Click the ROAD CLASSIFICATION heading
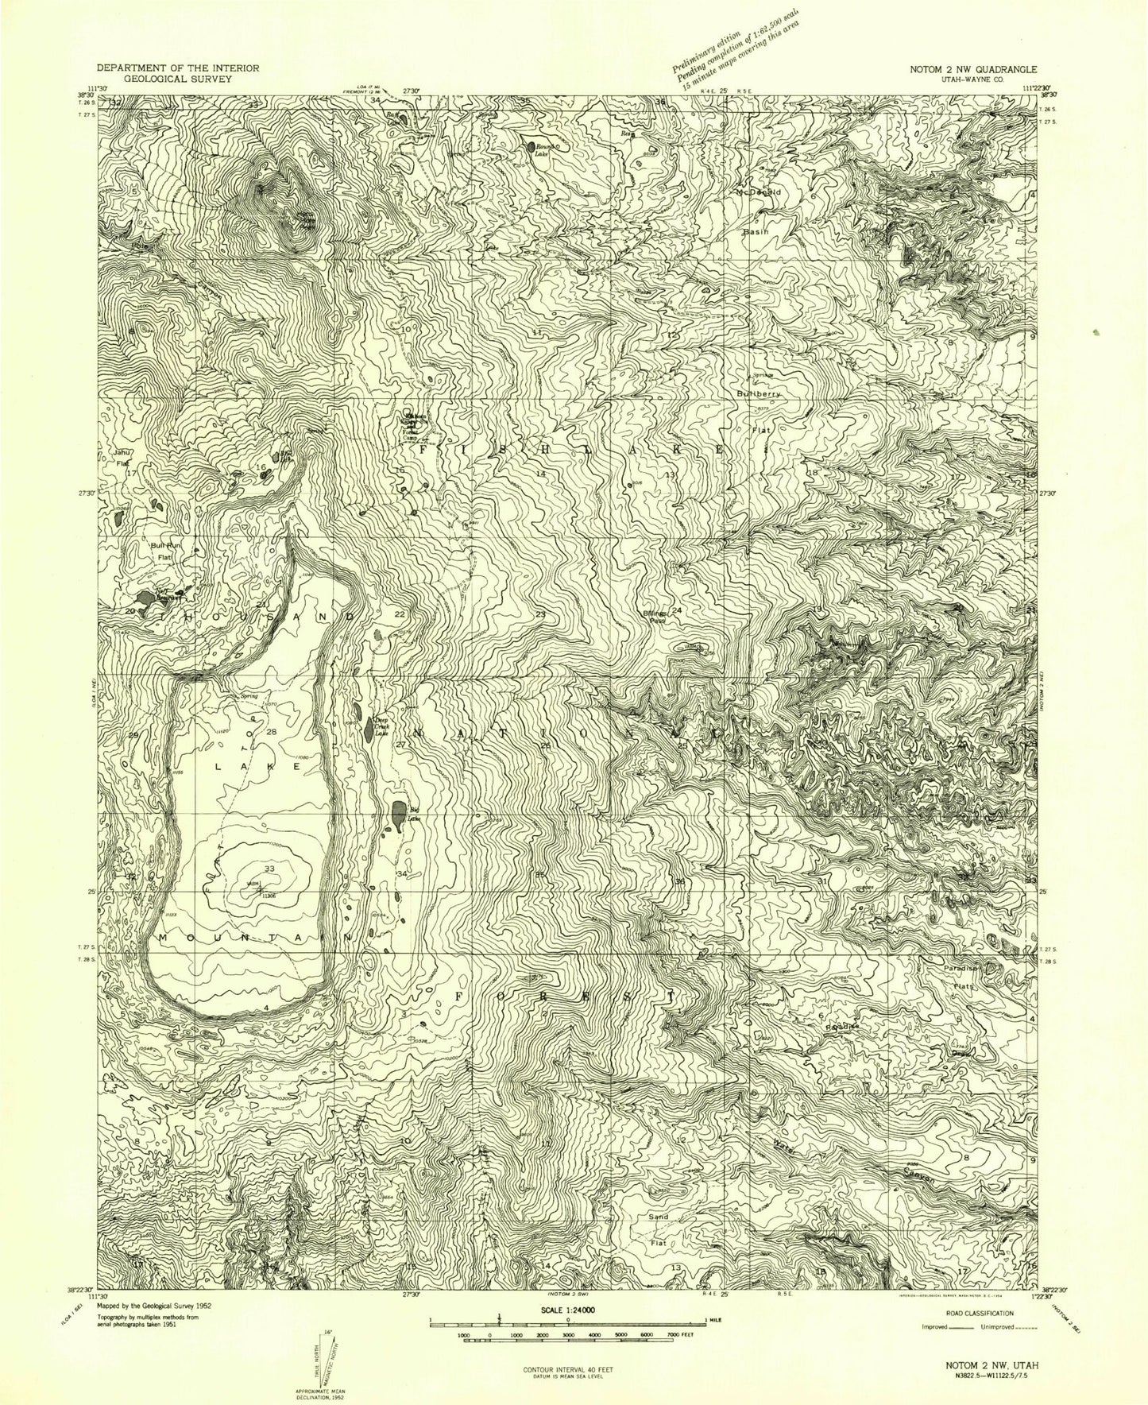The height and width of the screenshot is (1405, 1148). coord(978,1314)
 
